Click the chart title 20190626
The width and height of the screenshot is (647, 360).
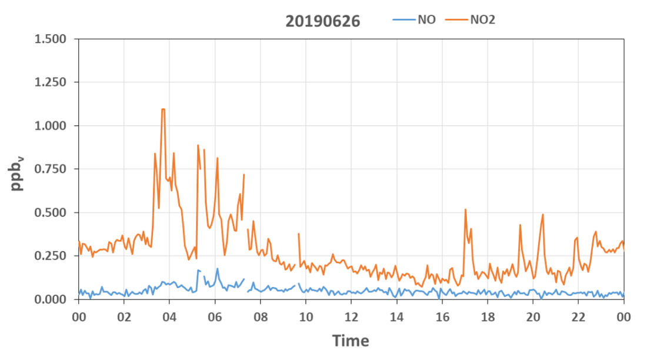tap(323, 21)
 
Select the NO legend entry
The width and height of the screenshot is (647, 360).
tap(414, 20)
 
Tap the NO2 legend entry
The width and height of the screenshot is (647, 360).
tap(471, 20)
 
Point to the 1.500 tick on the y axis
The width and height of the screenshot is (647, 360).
tap(51, 39)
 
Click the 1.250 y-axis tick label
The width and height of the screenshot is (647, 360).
tap(51, 82)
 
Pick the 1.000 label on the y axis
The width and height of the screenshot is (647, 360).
tap(51, 125)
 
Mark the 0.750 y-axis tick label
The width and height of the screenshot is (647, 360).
tap(51, 169)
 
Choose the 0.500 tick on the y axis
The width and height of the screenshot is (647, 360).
tap(51, 212)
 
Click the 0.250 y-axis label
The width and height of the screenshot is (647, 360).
tap(51, 256)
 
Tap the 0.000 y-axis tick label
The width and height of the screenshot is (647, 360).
tap(51, 299)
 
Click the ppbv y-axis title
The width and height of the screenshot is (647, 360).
tap(17, 174)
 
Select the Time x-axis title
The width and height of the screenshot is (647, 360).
tap(351, 341)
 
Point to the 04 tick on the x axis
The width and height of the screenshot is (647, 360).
tap(169, 317)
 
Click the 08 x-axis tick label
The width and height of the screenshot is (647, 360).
tap(261, 317)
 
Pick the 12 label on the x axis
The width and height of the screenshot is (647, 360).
tap(351, 317)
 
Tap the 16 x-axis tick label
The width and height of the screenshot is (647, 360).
tap(442, 317)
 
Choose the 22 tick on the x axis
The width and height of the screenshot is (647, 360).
tap(579, 317)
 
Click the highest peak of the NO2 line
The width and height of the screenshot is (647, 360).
tap(163, 109)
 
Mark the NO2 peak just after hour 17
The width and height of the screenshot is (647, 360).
tap(465, 209)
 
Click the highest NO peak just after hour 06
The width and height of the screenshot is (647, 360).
tap(218, 269)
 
